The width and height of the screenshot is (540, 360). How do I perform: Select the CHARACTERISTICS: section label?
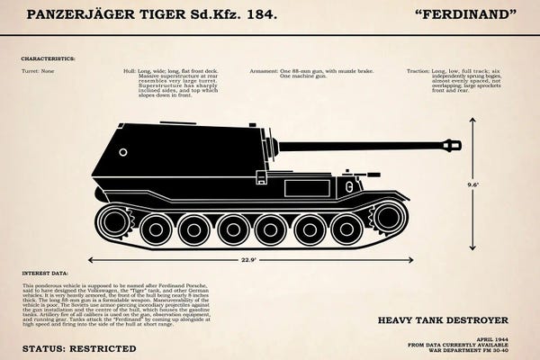pos(49,58)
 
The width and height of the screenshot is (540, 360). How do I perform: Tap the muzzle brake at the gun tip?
pos(452,145)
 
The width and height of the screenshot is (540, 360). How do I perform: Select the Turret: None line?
pos(38,69)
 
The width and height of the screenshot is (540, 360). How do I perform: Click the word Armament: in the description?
pos(264,69)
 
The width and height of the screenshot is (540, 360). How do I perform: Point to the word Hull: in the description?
pos(130,69)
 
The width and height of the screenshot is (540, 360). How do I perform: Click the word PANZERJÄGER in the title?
pos(77,15)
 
